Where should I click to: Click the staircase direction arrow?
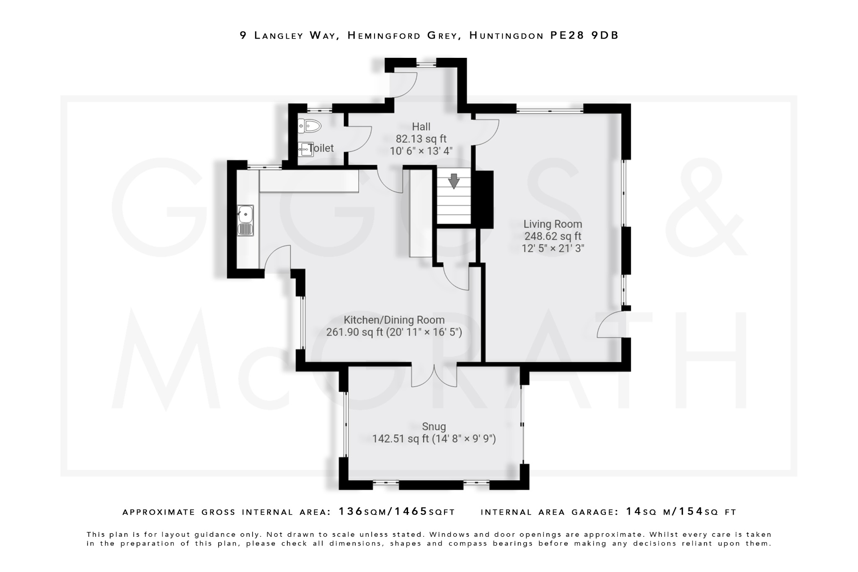pyautogui.click(x=454, y=181)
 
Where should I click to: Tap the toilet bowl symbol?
pyautogui.click(x=310, y=125)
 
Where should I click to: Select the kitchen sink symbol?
pyautogui.click(x=246, y=220)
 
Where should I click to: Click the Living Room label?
pyautogui.click(x=553, y=224)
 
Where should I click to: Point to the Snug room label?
pyautogui.click(x=434, y=427)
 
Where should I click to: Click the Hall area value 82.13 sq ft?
pyautogui.click(x=421, y=139)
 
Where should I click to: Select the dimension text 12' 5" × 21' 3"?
pyautogui.click(x=553, y=248)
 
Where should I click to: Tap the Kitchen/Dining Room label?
pyautogui.click(x=394, y=320)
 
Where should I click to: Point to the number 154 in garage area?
pyautogui.click(x=691, y=512)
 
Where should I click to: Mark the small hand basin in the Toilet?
pyautogui.click(x=305, y=149)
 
